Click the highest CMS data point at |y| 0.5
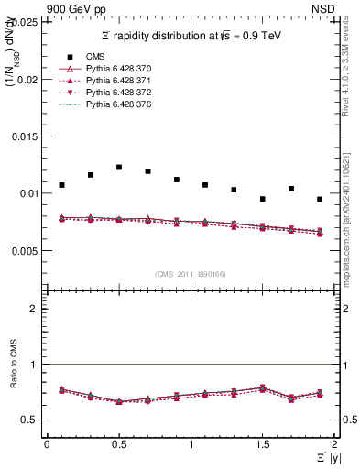(119, 168)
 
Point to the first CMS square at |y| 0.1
(61, 185)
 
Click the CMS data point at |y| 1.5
(263, 199)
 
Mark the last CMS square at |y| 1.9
(320, 199)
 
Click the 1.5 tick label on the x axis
(263, 444)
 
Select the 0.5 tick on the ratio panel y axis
(33, 420)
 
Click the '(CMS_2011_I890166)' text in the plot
(190, 274)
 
